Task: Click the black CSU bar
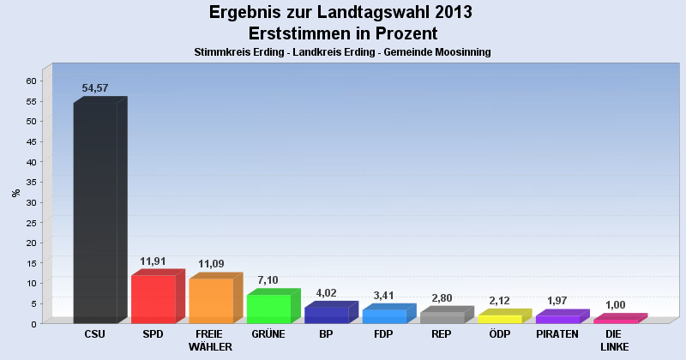tap(95, 212)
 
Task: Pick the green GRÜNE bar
tap(268, 308)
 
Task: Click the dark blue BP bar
tap(326, 315)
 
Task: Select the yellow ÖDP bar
tap(499, 319)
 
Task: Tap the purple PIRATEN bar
tap(557, 319)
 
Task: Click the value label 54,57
tap(95, 88)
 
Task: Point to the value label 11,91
tap(153, 261)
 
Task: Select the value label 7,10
tap(268, 280)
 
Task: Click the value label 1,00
tap(615, 305)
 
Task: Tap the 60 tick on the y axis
tap(31, 81)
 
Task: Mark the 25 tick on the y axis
tap(31, 222)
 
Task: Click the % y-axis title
tap(15, 192)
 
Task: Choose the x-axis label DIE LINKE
tap(615, 340)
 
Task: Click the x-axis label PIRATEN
tap(557, 334)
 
